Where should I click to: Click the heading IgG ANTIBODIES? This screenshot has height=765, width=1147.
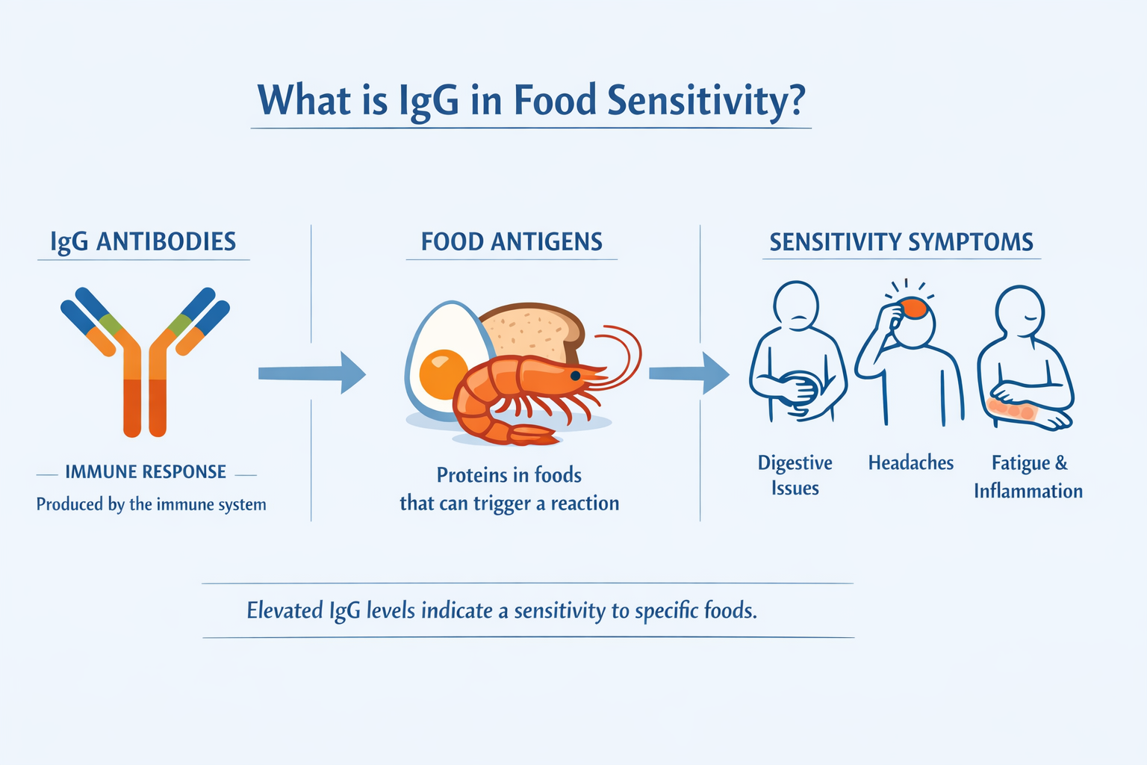click(x=143, y=242)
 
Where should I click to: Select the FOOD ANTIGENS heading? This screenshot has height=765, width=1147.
click(x=512, y=242)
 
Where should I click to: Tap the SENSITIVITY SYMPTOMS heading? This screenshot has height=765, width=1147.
click(x=901, y=242)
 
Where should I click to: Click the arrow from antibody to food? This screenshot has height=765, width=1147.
click(x=312, y=373)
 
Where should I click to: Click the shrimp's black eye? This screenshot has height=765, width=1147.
click(x=575, y=375)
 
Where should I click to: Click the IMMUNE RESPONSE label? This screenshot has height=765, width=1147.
click(x=146, y=472)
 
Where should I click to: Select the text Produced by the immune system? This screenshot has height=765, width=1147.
click(x=151, y=504)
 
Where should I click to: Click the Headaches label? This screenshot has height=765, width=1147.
click(x=910, y=463)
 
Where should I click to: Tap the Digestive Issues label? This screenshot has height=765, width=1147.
click(x=795, y=475)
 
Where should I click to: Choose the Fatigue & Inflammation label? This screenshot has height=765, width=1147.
click(x=1028, y=477)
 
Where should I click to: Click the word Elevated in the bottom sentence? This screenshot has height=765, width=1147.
click(x=285, y=610)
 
